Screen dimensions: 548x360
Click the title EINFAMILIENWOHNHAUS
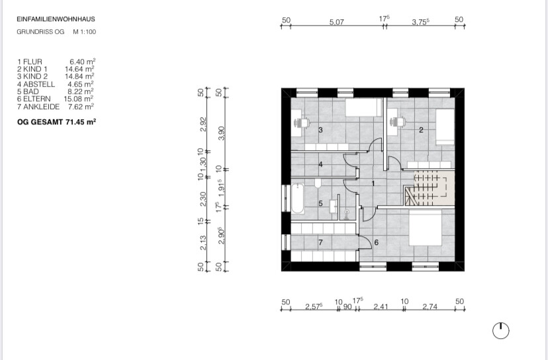[x=56, y=19]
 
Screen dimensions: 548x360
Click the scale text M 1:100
[x=84, y=32]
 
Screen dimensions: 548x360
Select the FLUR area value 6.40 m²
[x=83, y=62]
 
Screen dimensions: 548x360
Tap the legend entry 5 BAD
[x=28, y=91]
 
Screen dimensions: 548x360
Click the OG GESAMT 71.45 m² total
[x=57, y=122]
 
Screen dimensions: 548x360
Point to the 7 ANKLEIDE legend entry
[x=38, y=107]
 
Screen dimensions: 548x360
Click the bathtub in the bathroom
[x=298, y=198]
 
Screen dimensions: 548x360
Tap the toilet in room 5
[x=318, y=183]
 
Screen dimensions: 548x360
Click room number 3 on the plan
[x=320, y=130]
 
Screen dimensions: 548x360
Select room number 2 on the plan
[x=421, y=130]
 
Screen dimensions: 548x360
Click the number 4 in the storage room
[x=320, y=164]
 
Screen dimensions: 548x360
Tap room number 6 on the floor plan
[x=377, y=242]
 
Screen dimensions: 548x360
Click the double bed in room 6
[x=425, y=227]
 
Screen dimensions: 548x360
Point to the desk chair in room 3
[x=302, y=122]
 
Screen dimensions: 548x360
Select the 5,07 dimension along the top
[x=337, y=22]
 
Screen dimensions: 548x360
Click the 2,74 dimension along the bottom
[x=430, y=306]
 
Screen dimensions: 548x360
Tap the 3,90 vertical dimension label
[x=221, y=133]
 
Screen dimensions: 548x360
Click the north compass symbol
[x=501, y=331]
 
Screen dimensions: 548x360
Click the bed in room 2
[x=445, y=126]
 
